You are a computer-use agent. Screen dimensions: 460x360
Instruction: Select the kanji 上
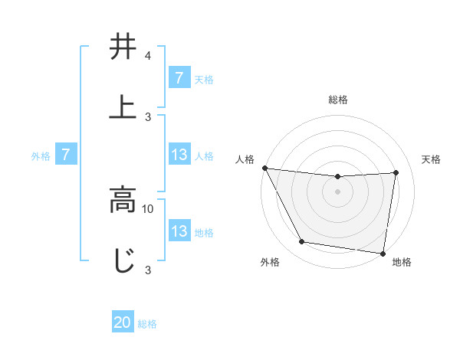pyautogui.click(x=123, y=106)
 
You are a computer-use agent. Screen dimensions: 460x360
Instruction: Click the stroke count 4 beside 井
pyautogui.click(x=147, y=56)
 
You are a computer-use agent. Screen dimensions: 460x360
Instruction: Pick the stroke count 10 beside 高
pyautogui.click(x=148, y=208)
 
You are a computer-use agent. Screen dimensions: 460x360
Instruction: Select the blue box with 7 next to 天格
pyautogui.click(x=179, y=78)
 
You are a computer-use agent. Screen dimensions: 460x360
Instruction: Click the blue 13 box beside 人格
pyautogui.click(x=179, y=155)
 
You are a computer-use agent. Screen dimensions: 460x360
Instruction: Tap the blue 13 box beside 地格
pyautogui.click(x=179, y=231)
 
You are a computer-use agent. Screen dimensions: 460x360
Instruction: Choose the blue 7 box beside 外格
pyautogui.click(x=66, y=155)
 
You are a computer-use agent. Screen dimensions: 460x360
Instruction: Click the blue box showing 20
pyautogui.click(x=123, y=322)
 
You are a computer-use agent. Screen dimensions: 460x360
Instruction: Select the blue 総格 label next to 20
pyautogui.click(x=147, y=324)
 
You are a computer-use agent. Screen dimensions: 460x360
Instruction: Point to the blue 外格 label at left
pyautogui.click(x=41, y=156)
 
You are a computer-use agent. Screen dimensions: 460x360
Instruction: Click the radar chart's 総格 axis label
pyautogui.click(x=338, y=100)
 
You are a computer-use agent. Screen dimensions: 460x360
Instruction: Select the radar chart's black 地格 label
pyautogui.click(x=402, y=262)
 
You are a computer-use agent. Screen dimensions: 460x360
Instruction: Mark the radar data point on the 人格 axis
pyautogui.click(x=264, y=168)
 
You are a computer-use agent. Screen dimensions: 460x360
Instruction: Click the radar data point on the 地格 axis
pyautogui.click(x=383, y=253)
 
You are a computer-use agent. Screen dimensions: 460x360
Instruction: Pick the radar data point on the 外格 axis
pyautogui.click(x=301, y=243)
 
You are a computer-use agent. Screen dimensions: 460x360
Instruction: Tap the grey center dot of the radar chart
pyautogui.click(x=338, y=191)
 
